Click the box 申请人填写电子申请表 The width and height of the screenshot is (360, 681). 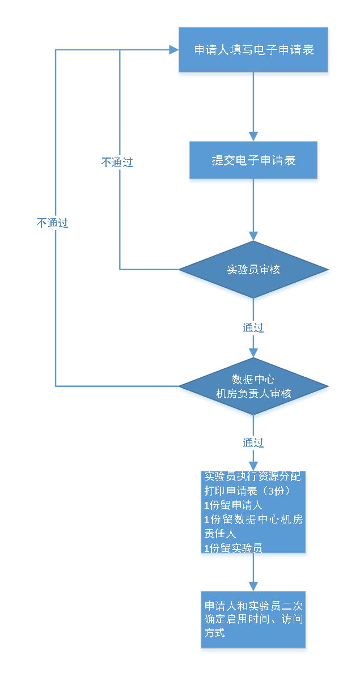tap(254, 50)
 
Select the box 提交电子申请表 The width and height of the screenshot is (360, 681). tap(253, 161)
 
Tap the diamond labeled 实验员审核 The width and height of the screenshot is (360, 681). tap(253, 270)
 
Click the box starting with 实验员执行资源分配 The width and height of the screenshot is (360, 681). tap(253, 513)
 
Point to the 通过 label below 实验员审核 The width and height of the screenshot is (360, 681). tap(253, 327)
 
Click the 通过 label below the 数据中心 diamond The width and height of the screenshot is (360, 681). tap(253, 442)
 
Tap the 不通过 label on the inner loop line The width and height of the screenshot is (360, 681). tap(117, 163)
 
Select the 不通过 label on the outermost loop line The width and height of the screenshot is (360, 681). tap(53, 223)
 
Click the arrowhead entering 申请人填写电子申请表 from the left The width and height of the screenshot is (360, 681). tap(173, 50)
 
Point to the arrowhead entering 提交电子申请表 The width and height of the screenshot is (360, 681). tap(253, 137)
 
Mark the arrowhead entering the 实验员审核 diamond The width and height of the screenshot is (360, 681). tap(253, 236)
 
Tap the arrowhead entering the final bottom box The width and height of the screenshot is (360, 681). tap(253, 586)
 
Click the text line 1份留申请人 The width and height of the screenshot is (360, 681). tap(234, 505)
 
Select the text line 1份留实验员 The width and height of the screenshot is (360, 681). tap(234, 548)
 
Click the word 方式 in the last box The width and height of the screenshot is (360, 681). tap(215, 633)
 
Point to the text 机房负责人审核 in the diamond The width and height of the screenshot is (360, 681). tap(253, 393)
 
